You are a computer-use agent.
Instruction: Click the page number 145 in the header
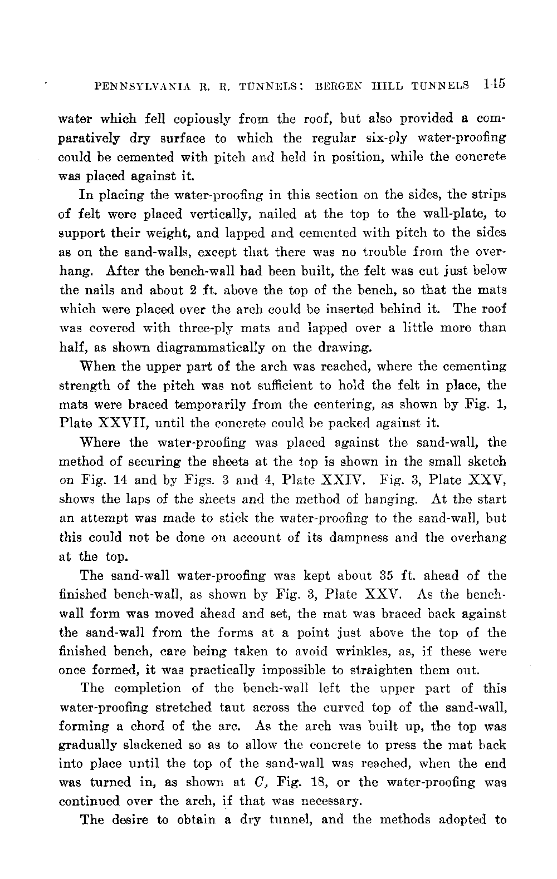(x=494, y=85)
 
